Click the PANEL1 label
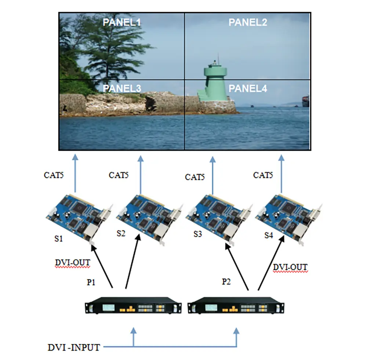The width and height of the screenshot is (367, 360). point(121,22)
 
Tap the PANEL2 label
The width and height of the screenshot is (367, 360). point(248,22)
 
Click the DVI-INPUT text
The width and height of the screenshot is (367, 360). point(73,347)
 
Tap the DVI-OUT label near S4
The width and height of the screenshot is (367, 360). point(290,267)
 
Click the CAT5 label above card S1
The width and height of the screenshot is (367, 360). point(54,175)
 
